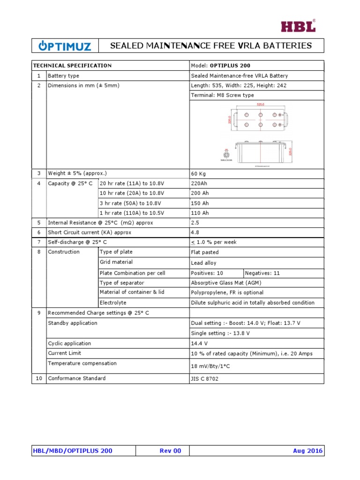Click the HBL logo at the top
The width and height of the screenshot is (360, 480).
[x=298, y=26]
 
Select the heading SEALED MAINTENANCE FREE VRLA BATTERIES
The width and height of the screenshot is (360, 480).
[x=210, y=45]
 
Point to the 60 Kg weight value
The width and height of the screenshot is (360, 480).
[x=199, y=173]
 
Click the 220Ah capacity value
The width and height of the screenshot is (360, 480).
[x=199, y=183]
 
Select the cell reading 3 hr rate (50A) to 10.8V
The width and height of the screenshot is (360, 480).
[x=130, y=203]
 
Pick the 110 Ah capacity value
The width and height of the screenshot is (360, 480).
[x=200, y=213]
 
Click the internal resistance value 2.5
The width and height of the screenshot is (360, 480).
[x=195, y=223]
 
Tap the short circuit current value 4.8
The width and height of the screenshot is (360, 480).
[x=195, y=232]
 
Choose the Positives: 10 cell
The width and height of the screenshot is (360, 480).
[x=207, y=273]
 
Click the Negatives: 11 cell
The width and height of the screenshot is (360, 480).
[x=262, y=273]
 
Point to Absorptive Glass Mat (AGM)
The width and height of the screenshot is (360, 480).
[x=226, y=283]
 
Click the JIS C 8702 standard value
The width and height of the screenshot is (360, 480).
[x=205, y=379]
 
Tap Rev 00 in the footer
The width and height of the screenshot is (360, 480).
[x=170, y=451]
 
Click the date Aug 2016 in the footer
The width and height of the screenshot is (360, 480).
[x=307, y=451]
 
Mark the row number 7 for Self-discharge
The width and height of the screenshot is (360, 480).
[x=39, y=242]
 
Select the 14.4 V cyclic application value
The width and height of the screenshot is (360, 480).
[x=199, y=344]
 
